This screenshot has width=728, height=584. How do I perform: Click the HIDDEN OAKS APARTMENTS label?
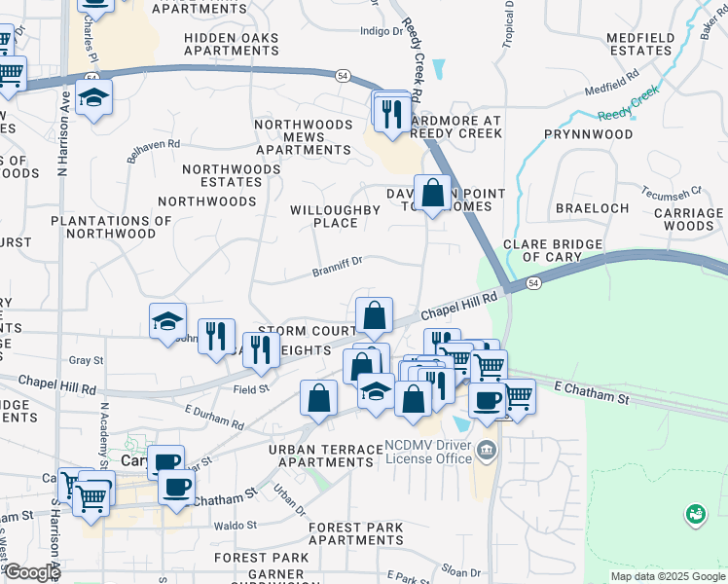(x=231, y=44)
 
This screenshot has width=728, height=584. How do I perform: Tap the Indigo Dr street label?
(x=381, y=31)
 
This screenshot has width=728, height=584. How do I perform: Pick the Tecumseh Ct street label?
(x=671, y=191)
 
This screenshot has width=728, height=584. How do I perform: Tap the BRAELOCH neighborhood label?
(x=587, y=208)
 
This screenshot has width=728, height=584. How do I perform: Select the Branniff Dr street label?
(x=337, y=262)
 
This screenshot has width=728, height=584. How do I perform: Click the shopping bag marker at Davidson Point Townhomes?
(x=432, y=193)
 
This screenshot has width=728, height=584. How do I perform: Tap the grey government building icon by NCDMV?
(x=488, y=451)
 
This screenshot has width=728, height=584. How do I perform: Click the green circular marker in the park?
(x=695, y=513)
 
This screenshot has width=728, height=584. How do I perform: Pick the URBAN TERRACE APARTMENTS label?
(x=325, y=456)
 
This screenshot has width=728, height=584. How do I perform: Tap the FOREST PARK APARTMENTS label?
(x=355, y=533)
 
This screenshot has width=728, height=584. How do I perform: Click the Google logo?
(x=32, y=572)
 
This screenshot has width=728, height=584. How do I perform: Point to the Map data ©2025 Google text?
(x=667, y=576)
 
